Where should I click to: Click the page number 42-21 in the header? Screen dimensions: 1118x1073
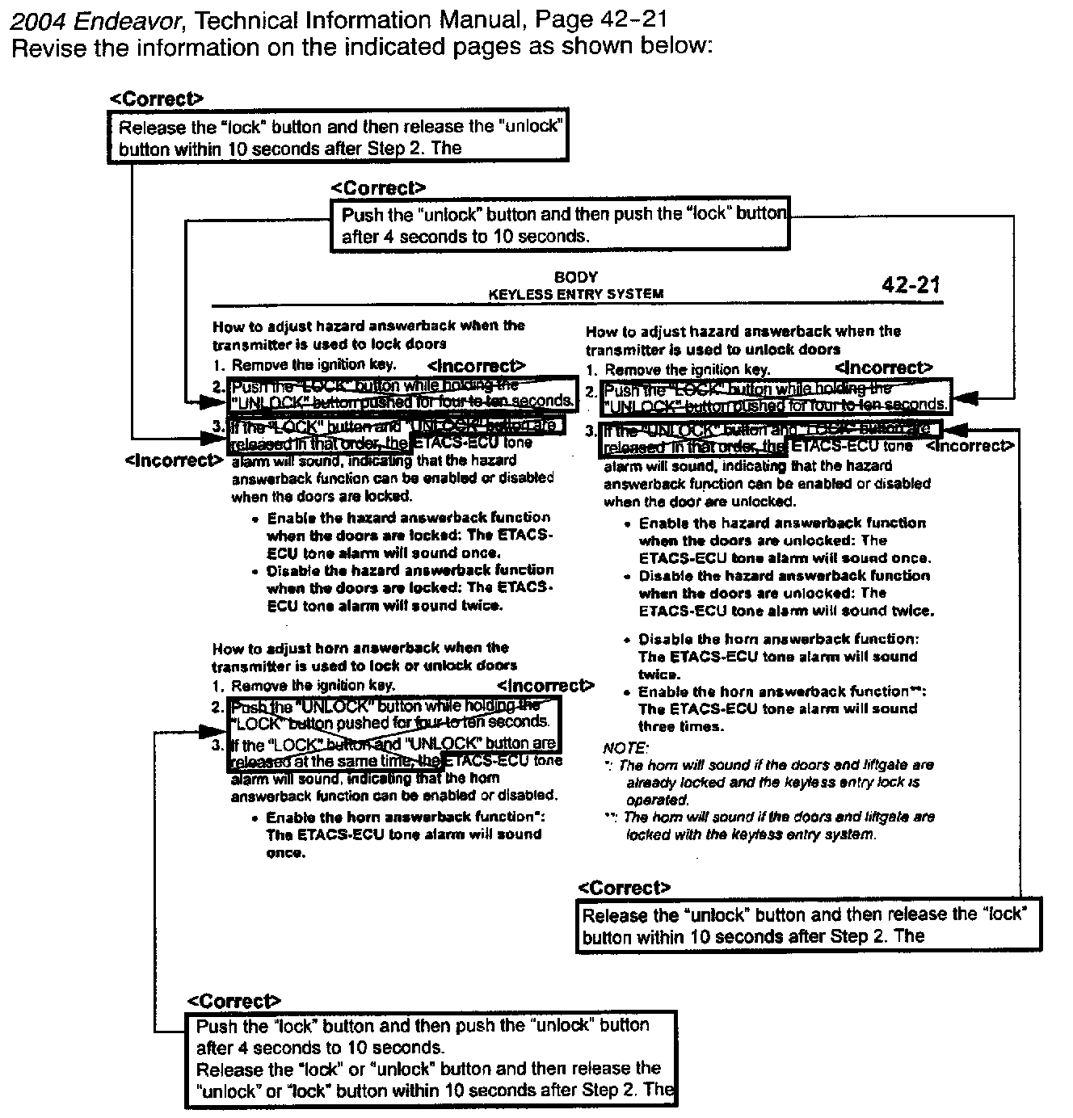(911, 284)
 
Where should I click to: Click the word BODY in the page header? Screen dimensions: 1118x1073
(576, 277)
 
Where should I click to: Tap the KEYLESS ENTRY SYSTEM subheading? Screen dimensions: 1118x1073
(576, 294)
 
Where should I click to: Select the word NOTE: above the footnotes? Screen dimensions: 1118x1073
(625, 748)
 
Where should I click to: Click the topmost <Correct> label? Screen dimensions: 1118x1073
(157, 99)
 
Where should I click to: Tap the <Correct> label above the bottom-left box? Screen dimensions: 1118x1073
(234, 1002)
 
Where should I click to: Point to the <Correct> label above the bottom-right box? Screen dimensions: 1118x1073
(625, 888)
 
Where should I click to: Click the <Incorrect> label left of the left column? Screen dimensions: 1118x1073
(174, 460)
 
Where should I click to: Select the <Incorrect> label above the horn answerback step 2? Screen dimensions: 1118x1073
(545, 686)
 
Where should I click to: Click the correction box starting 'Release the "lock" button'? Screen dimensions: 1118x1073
(339, 137)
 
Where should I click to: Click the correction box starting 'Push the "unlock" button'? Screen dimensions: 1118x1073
(559, 224)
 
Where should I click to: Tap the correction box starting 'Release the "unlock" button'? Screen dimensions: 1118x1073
(808, 925)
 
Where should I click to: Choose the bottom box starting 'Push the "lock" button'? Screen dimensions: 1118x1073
(432, 1058)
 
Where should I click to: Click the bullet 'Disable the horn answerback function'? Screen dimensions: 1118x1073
(778, 639)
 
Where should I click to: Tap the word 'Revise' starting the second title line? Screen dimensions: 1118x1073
(49, 47)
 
